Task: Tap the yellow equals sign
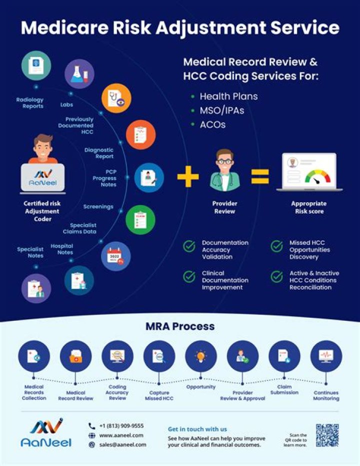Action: (260, 177)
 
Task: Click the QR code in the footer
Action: (327, 434)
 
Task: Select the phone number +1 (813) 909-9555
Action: (121, 426)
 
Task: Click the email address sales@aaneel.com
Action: (122, 444)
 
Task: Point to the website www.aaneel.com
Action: (121, 435)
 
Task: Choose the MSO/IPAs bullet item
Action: (222, 110)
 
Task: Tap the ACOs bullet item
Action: (212, 125)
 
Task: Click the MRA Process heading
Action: (180, 326)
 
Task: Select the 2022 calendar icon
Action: (115, 256)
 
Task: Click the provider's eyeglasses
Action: (224, 162)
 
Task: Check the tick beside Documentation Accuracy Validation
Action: (189, 246)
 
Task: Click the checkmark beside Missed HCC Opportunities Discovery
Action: (276, 246)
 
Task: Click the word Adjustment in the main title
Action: (218, 28)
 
